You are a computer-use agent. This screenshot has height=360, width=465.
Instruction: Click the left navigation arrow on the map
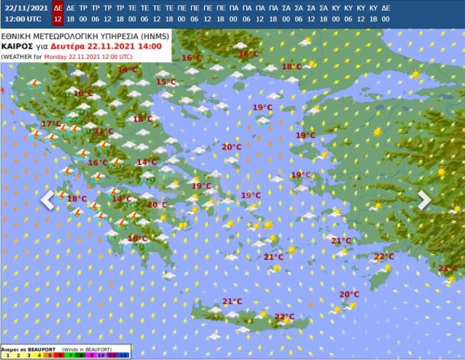tap(48, 200)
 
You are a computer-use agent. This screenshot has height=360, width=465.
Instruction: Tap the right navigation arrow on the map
tap(424, 199)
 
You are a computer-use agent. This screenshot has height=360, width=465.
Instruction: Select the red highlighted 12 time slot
tap(58, 19)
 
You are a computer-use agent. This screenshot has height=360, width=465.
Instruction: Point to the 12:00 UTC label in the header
tap(23, 19)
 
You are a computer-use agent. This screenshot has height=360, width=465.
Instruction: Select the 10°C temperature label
tap(83, 94)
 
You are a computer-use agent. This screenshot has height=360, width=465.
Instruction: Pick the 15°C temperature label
tap(165, 82)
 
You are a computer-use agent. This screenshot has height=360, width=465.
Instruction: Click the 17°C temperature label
tap(51, 124)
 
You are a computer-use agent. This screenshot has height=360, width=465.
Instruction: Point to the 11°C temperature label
tap(104, 131)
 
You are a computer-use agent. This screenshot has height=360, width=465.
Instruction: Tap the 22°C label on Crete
tap(284, 317)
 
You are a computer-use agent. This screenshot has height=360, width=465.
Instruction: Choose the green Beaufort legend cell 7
tap(70, 355)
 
